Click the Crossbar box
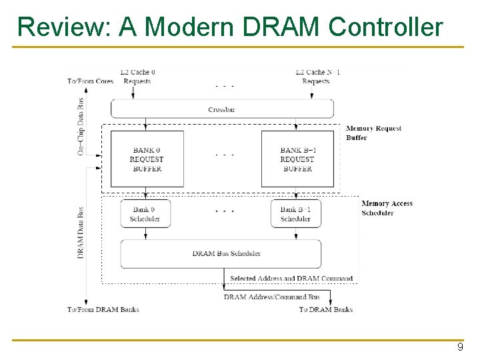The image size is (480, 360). click(222, 109)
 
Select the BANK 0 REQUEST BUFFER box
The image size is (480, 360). click(147, 159)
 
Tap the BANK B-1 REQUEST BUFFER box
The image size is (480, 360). click(297, 159)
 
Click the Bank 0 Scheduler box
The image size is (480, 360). click(145, 213)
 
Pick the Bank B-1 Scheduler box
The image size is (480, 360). click(295, 213)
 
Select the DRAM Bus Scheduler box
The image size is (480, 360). click(221, 254)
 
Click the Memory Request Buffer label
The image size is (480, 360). click(373, 133)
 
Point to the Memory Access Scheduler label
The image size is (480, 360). click(387, 208)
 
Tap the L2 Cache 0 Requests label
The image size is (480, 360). click(137, 77)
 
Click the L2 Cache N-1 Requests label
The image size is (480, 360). click(317, 77)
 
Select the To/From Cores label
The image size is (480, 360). click(90, 81)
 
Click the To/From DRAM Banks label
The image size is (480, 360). click(103, 309)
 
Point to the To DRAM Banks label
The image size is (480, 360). click(325, 309)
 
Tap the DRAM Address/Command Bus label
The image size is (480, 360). click(271, 297)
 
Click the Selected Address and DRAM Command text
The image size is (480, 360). click(291, 278)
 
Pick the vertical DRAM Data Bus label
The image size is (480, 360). click(81, 232)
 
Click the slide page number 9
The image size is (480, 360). click(459, 347)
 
